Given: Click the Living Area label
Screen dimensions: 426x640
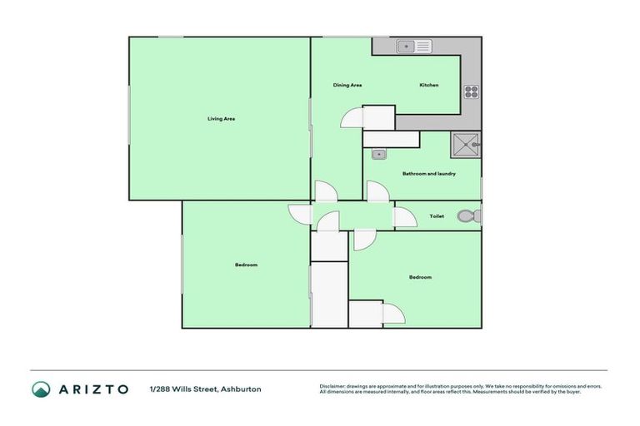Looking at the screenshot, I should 221,119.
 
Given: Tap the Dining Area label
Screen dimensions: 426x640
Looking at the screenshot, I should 347,86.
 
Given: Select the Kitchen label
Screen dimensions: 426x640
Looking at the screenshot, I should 428,86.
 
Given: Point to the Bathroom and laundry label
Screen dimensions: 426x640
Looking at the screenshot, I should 428,173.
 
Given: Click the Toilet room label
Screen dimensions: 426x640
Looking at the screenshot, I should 437,216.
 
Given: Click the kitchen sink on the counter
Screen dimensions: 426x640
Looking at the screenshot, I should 412,47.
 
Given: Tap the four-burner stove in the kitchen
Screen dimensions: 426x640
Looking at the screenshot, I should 471,92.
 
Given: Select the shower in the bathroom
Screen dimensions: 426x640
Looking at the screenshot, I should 466,145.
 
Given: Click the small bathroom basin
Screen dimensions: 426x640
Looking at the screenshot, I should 378,154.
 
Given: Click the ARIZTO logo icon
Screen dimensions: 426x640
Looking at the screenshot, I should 41,389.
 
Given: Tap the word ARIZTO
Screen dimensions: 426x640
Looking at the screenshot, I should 94,389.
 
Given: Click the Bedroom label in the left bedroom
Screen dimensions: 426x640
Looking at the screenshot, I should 246,265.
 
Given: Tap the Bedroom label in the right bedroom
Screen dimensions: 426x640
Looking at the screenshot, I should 420,277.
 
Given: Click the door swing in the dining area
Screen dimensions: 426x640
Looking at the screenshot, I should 352,117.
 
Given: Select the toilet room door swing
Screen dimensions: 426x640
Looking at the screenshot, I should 405,217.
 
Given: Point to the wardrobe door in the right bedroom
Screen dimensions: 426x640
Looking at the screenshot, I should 393,314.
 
